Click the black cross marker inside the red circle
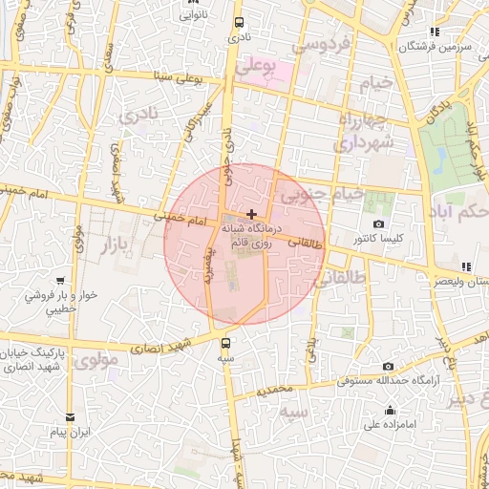[x=251, y=215]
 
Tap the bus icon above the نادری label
[x=237, y=22]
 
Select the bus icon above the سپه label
[x=226, y=343]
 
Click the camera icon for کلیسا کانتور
[x=379, y=223]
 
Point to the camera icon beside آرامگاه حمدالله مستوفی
[x=388, y=367]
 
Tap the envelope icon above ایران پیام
[x=70, y=417]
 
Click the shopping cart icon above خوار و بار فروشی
[x=61, y=281]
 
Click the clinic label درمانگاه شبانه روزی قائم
[x=252, y=237]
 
